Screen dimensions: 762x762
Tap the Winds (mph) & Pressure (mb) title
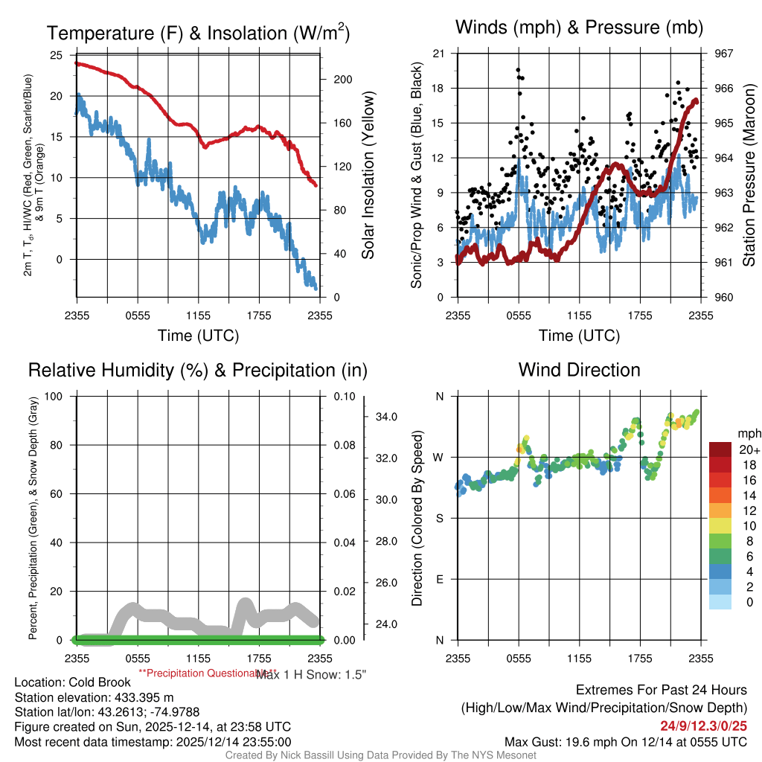coord(579,28)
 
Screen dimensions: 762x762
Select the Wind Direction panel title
coord(579,370)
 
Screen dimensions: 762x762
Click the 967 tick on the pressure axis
coord(724,54)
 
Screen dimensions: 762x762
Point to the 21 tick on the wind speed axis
coord(438,54)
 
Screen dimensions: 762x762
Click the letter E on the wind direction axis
coord(439,579)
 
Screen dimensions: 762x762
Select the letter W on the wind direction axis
coord(439,457)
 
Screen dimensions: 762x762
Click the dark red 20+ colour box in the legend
coord(721,449)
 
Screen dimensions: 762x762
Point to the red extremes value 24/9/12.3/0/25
coord(703,726)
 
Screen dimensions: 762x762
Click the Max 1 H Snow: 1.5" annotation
coord(312,673)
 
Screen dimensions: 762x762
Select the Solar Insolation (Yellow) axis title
coord(368,176)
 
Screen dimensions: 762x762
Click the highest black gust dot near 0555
coord(518,70)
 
